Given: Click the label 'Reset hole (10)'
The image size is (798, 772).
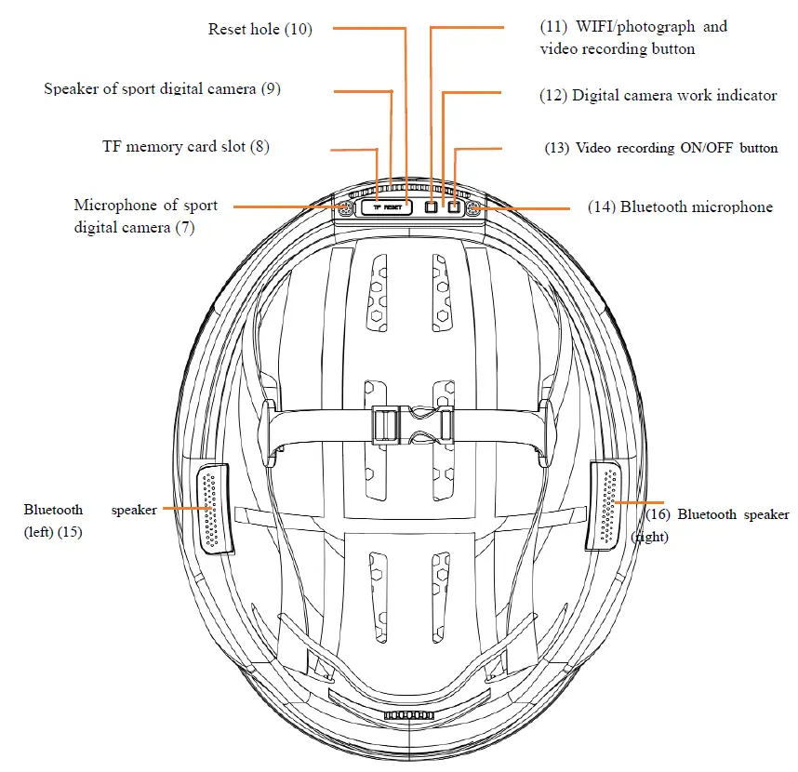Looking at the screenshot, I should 260,30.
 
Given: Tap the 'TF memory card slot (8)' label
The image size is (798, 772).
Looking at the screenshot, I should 186,147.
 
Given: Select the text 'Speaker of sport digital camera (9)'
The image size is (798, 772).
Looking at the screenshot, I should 163,89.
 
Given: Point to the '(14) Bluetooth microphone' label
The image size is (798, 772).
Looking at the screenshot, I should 680,207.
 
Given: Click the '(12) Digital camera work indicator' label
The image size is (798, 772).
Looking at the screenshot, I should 658,96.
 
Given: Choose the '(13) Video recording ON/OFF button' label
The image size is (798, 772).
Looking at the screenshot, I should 661,148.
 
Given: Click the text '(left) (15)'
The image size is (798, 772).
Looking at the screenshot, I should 53,533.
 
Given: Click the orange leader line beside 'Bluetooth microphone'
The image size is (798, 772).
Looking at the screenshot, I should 530,207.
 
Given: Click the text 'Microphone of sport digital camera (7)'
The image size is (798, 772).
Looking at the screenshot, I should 146,215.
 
